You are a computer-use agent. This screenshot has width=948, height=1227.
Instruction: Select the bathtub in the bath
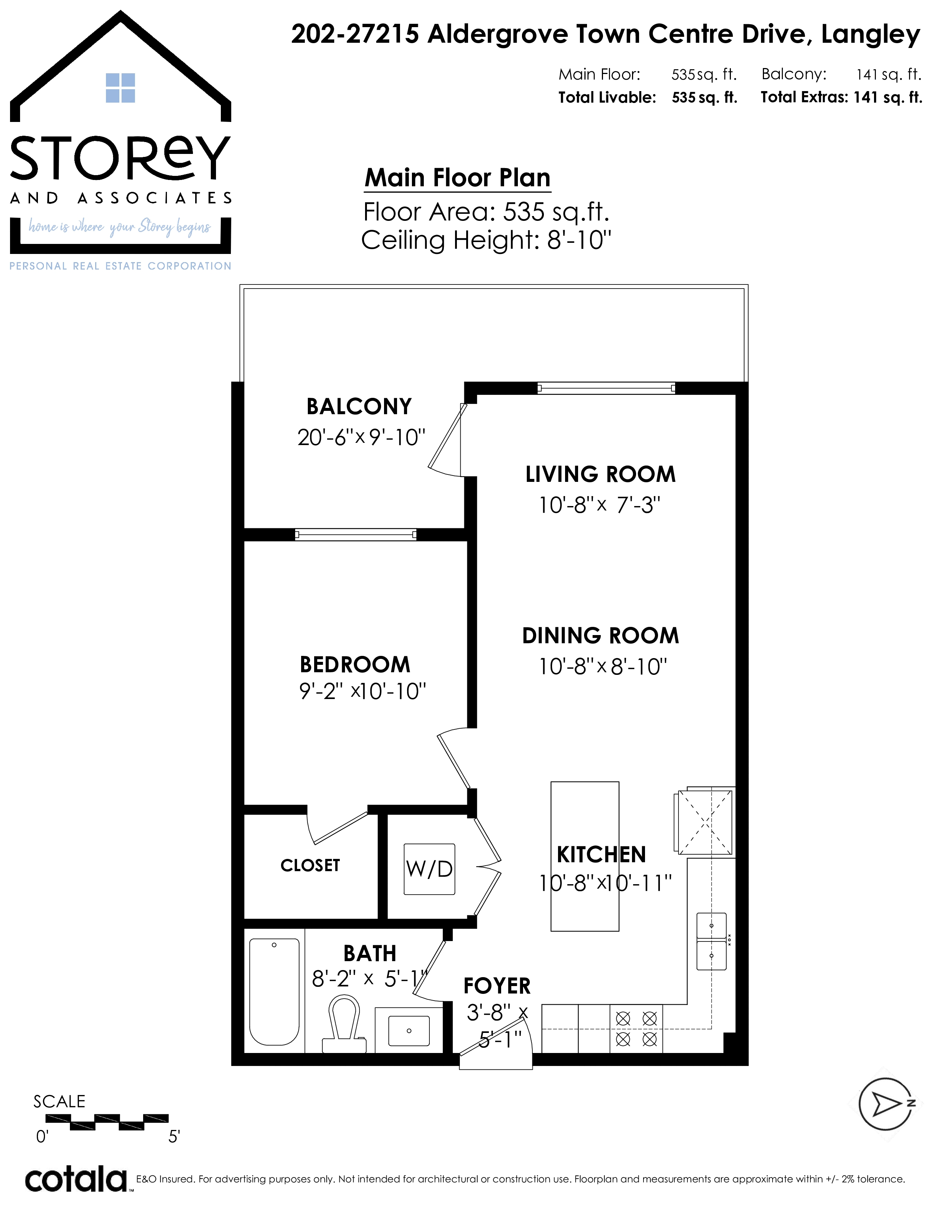(x=274, y=992)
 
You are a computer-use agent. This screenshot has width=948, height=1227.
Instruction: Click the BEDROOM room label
(x=355, y=665)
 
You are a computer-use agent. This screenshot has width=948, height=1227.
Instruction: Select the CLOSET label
(x=310, y=865)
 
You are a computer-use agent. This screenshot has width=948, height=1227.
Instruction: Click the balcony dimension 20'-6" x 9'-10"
(x=361, y=437)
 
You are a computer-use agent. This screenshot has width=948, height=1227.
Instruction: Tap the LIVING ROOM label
(x=600, y=474)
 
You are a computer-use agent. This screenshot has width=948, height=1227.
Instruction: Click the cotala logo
(x=76, y=1181)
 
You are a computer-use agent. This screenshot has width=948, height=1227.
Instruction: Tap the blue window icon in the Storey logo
(x=120, y=88)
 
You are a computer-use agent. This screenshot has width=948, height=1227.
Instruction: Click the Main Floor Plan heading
(x=457, y=178)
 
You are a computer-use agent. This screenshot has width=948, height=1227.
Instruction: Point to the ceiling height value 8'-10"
(x=579, y=241)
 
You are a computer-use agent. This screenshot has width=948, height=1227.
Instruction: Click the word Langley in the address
(x=871, y=35)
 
